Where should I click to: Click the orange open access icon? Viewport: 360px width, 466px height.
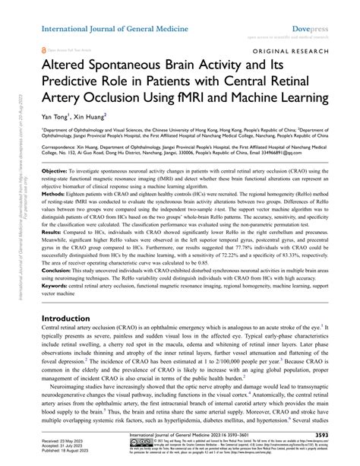point(44,47)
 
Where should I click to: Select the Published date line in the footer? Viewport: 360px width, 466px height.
point(75,458)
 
